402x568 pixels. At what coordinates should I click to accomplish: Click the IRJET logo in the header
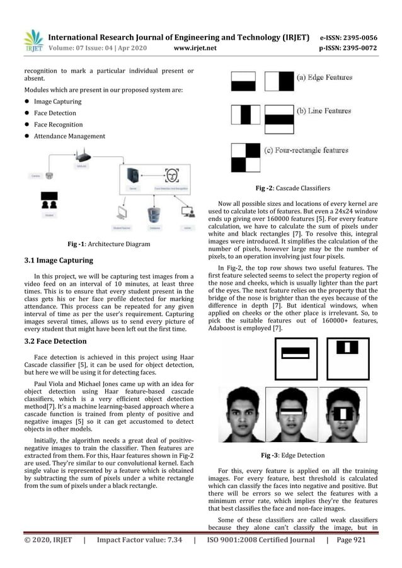tap(32, 40)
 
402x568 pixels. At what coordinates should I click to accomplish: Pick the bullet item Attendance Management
tap(69, 136)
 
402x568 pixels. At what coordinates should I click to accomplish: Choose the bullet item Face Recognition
tap(56, 125)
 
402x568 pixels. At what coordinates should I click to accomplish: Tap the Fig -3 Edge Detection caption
tap(292, 455)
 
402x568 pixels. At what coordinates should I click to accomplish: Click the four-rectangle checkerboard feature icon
tap(246, 157)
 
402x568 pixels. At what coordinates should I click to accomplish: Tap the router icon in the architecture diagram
tap(83, 155)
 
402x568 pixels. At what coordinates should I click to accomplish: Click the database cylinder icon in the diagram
tap(152, 213)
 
